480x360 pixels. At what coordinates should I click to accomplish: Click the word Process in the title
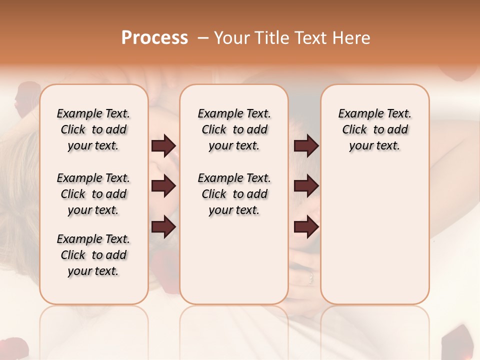coord(154,38)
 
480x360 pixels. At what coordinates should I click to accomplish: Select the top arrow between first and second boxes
coord(163,146)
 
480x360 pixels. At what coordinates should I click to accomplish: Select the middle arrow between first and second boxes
coord(163,186)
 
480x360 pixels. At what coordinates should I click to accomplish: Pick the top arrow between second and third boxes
coord(306,146)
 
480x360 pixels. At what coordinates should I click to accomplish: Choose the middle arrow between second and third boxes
coord(306,186)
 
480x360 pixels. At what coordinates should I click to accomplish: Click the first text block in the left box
coord(93,129)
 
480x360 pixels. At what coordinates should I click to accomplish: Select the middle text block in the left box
coord(93,194)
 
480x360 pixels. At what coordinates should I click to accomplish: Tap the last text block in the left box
coord(93,255)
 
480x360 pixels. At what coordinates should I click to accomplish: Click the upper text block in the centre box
coord(234,129)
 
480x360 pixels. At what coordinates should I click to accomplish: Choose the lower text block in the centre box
coord(234,194)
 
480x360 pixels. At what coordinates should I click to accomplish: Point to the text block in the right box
coord(375,129)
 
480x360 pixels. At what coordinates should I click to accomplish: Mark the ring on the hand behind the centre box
coord(310,276)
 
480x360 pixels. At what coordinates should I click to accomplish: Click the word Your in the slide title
coord(232,38)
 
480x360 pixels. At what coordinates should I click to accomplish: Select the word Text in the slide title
coord(311,38)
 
